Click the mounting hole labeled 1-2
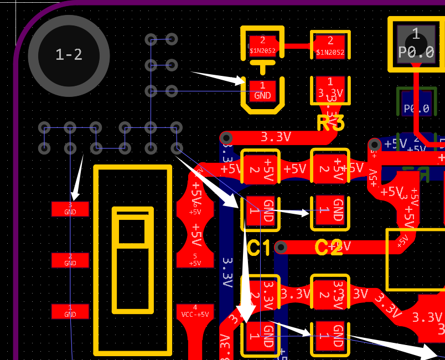pos(69,54)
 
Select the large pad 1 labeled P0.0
pos(416,44)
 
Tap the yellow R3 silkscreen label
pos(331,123)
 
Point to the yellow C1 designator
pos(259,249)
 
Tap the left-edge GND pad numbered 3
pos(70,209)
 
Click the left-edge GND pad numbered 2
pos(70,260)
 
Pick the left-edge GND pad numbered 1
pos(70,311)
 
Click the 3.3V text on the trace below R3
pos(276,137)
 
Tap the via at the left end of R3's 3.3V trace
pos(226,137)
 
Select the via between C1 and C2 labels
pos(281,246)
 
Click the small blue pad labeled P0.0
pos(417,109)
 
